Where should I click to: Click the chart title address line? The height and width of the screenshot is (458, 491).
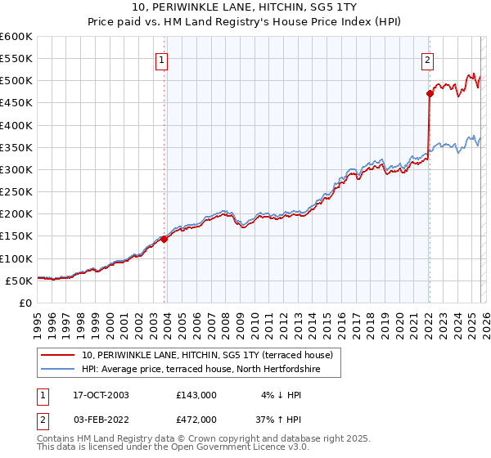pos(245,7)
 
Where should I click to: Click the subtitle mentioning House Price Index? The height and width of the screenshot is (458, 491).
pos(245,22)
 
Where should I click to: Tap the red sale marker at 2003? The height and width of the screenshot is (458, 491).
pos(164,239)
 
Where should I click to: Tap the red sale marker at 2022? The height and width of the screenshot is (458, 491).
pos(429,93)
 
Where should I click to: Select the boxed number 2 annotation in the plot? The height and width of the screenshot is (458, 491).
pos(427,59)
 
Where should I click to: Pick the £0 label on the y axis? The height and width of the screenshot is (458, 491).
pos(25,303)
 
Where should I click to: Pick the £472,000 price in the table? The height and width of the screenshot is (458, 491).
pos(196,419)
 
